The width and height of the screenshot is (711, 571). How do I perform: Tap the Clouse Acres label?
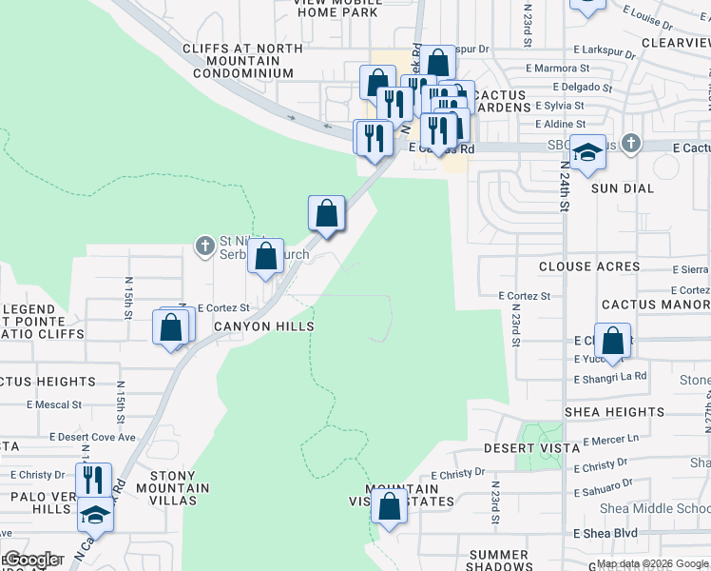pos(589,267)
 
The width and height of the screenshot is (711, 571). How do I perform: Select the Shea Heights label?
pos(614,412)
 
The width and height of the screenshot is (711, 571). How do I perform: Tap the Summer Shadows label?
pos(498,561)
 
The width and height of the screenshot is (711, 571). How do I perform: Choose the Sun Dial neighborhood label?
pos(623,188)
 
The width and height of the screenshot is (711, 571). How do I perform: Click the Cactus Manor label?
pos(655,305)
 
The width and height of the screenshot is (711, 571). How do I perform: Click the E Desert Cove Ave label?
pos(94,437)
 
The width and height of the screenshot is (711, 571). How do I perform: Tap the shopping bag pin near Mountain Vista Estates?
pos(389,505)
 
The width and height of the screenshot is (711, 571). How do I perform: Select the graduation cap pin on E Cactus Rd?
pos(588,152)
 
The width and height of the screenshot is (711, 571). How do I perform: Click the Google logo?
pos(31,561)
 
